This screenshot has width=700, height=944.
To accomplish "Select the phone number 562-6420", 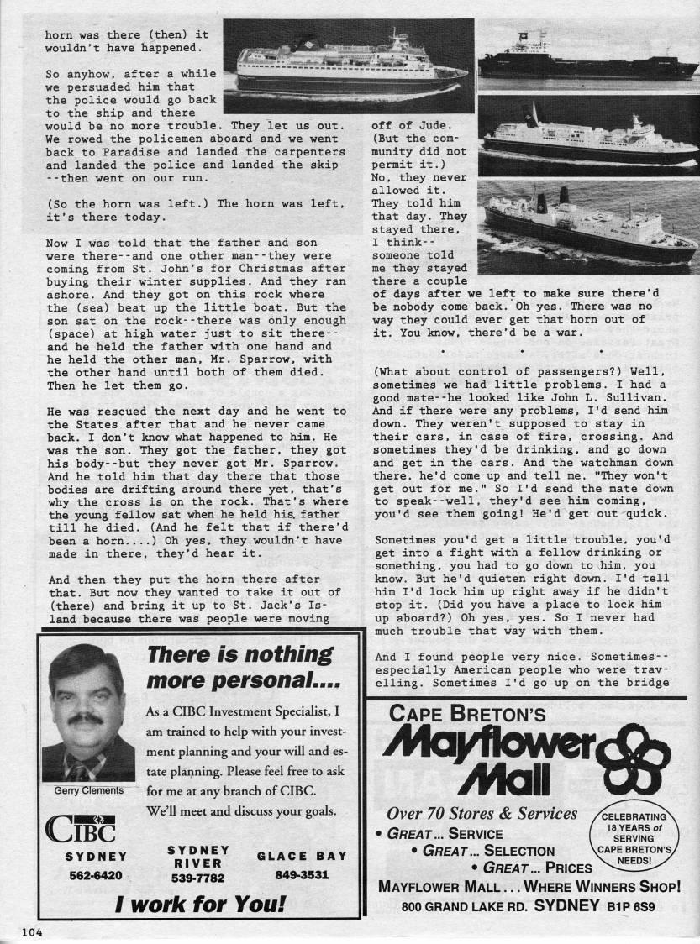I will (96, 874).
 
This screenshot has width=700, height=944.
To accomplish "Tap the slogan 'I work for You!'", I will (200, 906).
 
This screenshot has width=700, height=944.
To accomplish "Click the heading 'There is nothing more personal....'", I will (239, 667).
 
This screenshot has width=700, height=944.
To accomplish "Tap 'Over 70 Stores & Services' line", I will (482, 814).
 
